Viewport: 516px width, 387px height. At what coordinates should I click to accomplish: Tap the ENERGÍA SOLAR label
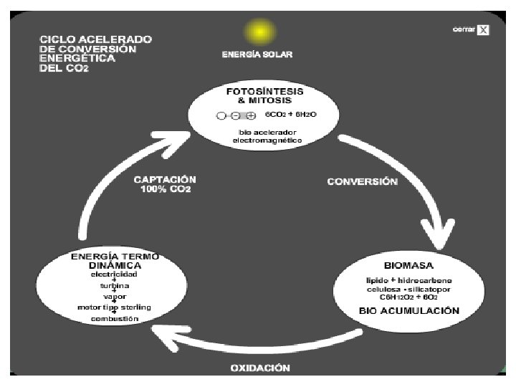tap(257, 54)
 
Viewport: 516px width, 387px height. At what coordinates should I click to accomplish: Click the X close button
tap(484, 30)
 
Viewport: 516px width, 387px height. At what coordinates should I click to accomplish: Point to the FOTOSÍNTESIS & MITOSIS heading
tap(264, 96)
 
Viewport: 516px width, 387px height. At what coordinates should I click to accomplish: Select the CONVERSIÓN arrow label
tap(362, 182)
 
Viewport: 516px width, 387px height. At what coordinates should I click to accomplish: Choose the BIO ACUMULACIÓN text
tap(409, 310)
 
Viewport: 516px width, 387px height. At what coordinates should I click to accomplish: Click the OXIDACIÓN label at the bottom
tap(260, 368)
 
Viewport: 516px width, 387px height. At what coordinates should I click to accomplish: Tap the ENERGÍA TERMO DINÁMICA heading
tap(115, 260)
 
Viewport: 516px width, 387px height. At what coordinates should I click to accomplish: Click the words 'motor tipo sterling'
tap(115, 307)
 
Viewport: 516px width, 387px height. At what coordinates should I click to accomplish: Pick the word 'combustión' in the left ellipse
tap(115, 319)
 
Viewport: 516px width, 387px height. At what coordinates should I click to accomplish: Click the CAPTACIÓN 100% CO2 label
tap(164, 184)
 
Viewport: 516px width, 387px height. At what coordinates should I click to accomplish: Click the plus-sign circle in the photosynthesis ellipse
tap(251, 115)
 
